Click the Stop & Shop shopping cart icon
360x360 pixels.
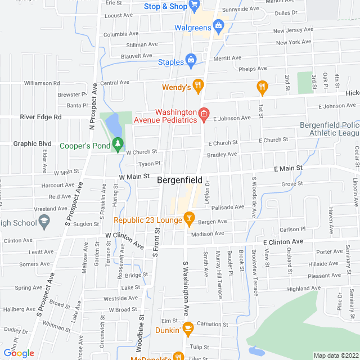tap(195, 6)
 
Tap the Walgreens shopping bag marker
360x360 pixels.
tap(219, 26)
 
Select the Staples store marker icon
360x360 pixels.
tap(191, 60)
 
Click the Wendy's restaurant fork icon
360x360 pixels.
tap(199, 86)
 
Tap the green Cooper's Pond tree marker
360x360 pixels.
tap(118, 144)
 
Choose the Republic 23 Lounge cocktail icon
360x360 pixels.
tap(189, 218)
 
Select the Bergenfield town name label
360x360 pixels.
tap(179, 180)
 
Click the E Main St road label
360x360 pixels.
tap(288, 168)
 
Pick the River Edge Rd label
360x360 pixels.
tap(40, 117)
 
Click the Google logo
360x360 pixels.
tap(19, 353)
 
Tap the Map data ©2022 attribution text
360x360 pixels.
tap(335, 355)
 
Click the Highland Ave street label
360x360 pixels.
tap(303, 289)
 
